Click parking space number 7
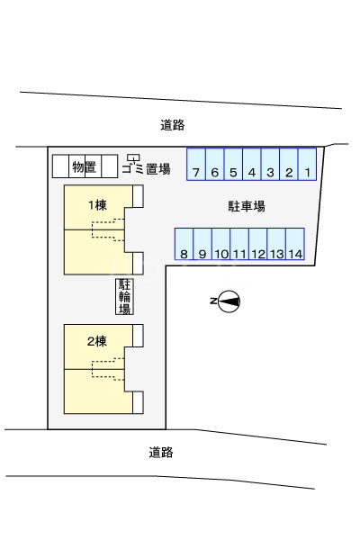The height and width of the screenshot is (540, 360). pyautogui.click(x=196, y=164)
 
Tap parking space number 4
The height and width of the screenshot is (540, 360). pyautogui.click(x=252, y=164)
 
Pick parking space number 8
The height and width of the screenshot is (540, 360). pyautogui.click(x=184, y=244)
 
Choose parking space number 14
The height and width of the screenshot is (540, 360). pyautogui.click(x=295, y=244)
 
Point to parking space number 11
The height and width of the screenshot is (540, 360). pyautogui.click(x=239, y=244)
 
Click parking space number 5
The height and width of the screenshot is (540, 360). pyautogui.click(x=233, y=164)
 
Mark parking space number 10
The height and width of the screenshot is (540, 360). pyautogui.click(x=220, y=244)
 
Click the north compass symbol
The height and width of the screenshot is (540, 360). pyautogui.click(x=229, y=301)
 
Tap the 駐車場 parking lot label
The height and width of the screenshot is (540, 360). pyautogui.click(x=247, y=206)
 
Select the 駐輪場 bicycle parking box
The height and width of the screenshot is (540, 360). pyautogui.click(x=124, y=296)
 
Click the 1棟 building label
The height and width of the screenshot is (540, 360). pyautogui.click(x=97, y=205)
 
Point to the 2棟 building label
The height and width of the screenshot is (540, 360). pyautogui.click(x=97, y=341)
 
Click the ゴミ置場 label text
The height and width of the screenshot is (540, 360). pyautogui.click(x=146, y=169)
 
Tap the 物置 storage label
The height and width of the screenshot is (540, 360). pyautogui.click(x=84, y=167)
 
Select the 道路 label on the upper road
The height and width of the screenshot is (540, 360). pyautogui.click(x=173, y=125)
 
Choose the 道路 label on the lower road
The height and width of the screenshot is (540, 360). pyautogui.click(x=161, y=452)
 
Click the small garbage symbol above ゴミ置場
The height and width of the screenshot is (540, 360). pyautogui.click(x=134, y=157)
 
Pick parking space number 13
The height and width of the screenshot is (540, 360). pyautogui.click(x=276, y=244)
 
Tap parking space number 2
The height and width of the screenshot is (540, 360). pyautogui.click(x=289, y=164)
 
